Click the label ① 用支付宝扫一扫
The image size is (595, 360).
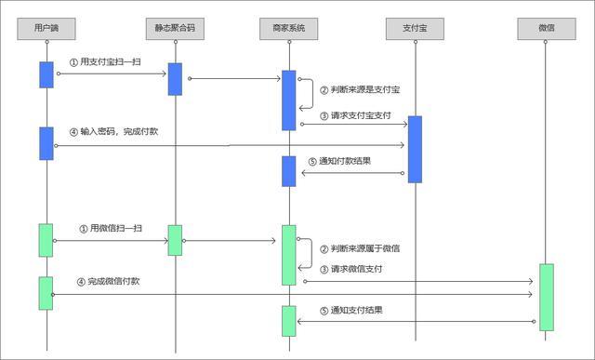coord(107,61)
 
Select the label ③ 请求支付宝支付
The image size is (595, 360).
coord(354,116)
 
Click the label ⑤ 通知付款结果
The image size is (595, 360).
coord(345,161)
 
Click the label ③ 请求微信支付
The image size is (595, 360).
coord(350,270)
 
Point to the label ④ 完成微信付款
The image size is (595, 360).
coord(114,281)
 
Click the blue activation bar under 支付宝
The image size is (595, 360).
coord(414,149)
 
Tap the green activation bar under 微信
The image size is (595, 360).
coord(546,297)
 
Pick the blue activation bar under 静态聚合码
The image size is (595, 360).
coord(174,78)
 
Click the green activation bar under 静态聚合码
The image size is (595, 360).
coord(174,239)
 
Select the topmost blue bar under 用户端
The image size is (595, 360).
coord(46,74)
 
